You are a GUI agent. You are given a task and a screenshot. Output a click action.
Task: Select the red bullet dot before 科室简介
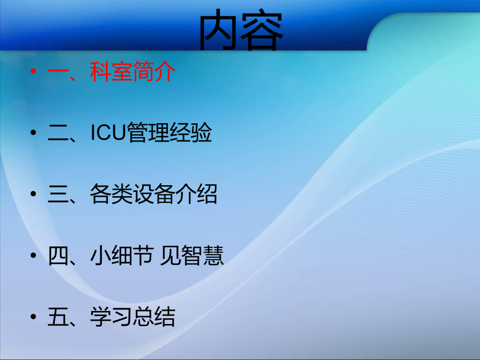click(34, 71)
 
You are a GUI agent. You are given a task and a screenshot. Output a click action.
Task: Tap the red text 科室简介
click(133, 72)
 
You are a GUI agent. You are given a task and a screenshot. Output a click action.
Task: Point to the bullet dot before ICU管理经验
click(34, 134)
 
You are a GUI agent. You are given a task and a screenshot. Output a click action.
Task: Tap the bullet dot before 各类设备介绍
click(34, 195)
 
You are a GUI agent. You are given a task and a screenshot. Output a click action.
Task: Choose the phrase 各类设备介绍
click(153, 195)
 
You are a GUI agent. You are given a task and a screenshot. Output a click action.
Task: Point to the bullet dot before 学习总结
click(34, 317)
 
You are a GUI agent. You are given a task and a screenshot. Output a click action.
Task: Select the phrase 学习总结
click(133, 317)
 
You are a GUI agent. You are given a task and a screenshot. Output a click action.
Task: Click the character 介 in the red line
click(165, 72)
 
